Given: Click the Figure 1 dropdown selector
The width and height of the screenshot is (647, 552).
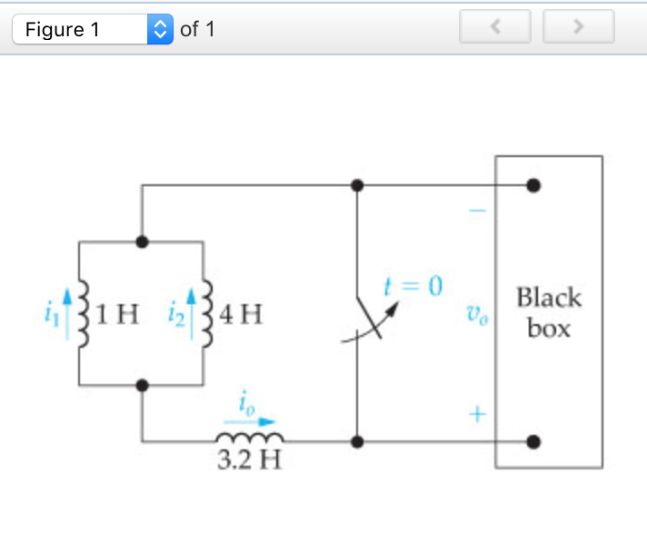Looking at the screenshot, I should coord(92,29).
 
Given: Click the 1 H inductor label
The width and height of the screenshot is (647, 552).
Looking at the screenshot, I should coord(116,315).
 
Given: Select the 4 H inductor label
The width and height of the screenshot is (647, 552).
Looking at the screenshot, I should coord(242,315).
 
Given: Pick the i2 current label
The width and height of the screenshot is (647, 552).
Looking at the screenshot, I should coord(176,316).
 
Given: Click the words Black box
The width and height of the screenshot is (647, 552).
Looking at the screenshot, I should coord(548,311).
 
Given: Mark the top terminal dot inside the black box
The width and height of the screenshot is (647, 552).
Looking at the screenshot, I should coord(533,186).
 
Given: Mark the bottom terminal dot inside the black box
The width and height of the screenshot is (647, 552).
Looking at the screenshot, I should coord(533,442).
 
